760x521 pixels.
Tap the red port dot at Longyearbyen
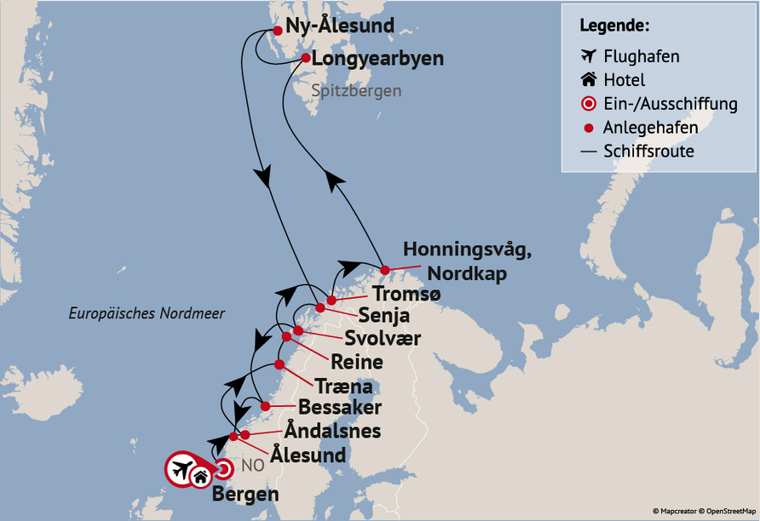click(306, 59)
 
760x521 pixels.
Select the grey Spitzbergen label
click(356, 90)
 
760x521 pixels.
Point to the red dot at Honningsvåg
click(384, 271)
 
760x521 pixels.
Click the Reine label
click(356, 363)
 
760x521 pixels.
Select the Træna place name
click(343, 385)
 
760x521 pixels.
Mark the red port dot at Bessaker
click(265, 406)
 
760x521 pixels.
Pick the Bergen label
click(245, 495)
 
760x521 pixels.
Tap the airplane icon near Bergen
click(181, 468)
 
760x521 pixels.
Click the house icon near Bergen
click(200, 477)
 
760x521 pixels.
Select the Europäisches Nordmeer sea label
click(147, 314)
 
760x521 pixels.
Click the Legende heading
click(614, 25)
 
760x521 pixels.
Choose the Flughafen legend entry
click(641, 57)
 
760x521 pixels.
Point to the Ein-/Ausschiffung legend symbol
click(587, 104)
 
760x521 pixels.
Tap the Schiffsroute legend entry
click(648, 152)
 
